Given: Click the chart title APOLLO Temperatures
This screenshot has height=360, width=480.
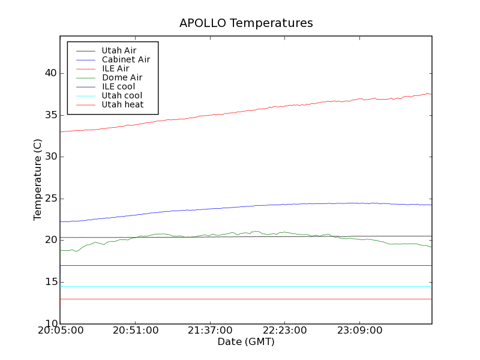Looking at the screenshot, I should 246,23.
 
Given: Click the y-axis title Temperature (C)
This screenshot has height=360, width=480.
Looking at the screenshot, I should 38,179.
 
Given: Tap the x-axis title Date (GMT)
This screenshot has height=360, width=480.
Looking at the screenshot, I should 246,342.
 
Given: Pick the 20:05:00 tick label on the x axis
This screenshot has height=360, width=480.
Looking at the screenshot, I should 60,331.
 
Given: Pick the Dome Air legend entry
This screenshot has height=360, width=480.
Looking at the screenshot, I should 122,77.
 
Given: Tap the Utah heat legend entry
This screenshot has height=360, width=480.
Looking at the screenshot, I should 122,104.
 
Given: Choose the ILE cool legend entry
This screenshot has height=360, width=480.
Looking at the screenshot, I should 118,86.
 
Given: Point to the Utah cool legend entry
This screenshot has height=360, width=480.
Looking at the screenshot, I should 122,95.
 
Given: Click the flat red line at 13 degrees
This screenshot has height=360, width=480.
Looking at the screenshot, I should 240,299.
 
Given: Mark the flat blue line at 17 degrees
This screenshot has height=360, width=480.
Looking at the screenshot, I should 240,265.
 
